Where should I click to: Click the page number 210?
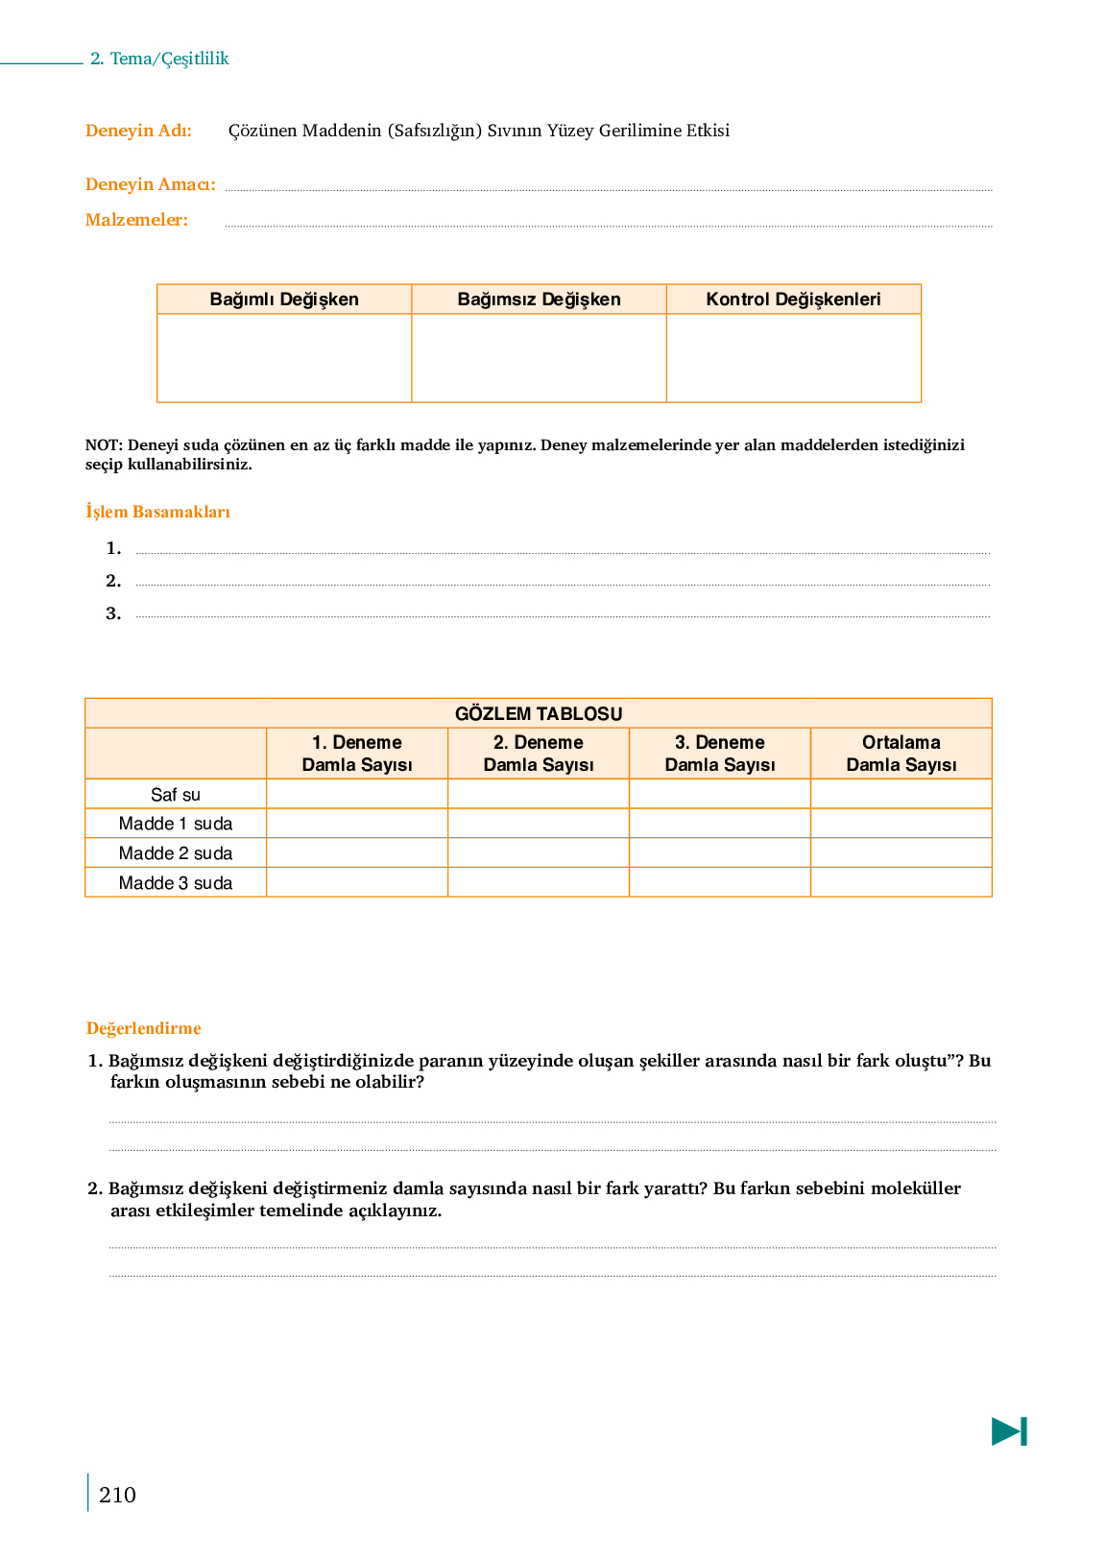coord(117,1495)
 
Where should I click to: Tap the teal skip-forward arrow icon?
coord(1009,1431)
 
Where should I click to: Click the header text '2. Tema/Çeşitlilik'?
coord(159,59)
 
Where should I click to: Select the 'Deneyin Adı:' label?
coord(138,131)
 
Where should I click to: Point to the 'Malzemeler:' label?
coord(136,220)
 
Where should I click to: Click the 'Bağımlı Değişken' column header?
coord(284,300)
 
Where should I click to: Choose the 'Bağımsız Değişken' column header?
coord(539,300)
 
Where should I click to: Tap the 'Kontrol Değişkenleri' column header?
coord(793,300)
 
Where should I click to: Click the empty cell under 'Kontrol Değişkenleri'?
coord(793,357)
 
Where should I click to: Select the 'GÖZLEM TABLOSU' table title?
coord(538,713)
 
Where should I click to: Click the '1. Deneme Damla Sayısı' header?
coord(357,754)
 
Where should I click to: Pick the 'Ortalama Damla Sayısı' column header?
coord(901,754)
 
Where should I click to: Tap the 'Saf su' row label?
coord(176,794)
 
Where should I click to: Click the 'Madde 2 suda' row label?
coord(176,853)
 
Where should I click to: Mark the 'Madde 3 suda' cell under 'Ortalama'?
coord(901,882)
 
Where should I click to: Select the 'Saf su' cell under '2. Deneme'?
coord(538,794)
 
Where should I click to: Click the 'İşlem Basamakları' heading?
coord(157,512)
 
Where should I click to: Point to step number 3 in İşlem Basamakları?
coord(113,613)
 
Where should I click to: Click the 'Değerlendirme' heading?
coord(143,1028)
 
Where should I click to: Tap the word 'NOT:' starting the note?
coord(104,445)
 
